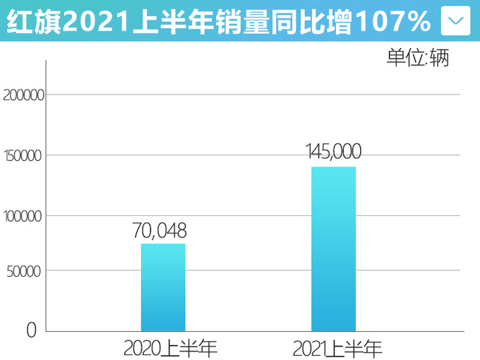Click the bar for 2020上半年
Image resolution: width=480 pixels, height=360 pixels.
pyautogui.click(x=163, y=287)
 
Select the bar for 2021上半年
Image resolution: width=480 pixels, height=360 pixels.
pyautogui.click(x=333, y=248)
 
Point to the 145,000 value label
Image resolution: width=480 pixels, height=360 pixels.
pyautogui.click(x=334, y=152)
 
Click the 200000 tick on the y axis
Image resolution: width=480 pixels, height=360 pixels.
pyautogui.click(x=24, y=95)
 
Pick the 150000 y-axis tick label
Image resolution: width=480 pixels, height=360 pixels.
pyautogui.click(x=24, y=155)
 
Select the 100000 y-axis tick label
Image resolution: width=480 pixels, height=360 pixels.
pyautogui.click(x=24, y=216)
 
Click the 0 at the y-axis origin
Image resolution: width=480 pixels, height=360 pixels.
pyautogui.click(x=32, y=329)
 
